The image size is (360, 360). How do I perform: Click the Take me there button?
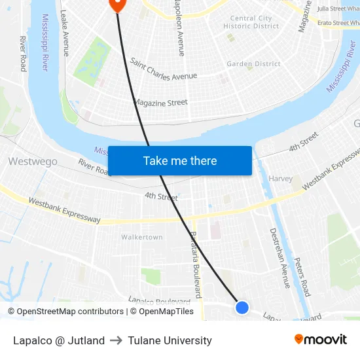[180, 161]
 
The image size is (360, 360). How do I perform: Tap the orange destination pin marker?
[117, 4]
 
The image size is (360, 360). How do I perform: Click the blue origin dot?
[242, 307]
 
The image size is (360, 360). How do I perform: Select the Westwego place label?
[33, 161]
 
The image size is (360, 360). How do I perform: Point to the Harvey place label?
[280, 179]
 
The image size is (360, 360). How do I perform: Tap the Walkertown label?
[142, 237]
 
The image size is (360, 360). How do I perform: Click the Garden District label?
[253, 64]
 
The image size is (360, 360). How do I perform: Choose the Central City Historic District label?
[251, 22]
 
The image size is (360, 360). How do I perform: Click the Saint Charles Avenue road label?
[163, 69]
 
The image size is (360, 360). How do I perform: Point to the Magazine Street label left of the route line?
[161, 103]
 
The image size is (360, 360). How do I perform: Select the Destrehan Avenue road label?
[280, 258]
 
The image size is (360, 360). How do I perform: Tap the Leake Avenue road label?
[65, 24]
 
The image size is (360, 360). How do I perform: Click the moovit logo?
[321, 340]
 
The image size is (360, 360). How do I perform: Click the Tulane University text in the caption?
[170, 340]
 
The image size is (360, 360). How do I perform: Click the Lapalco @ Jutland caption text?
[59, 340]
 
